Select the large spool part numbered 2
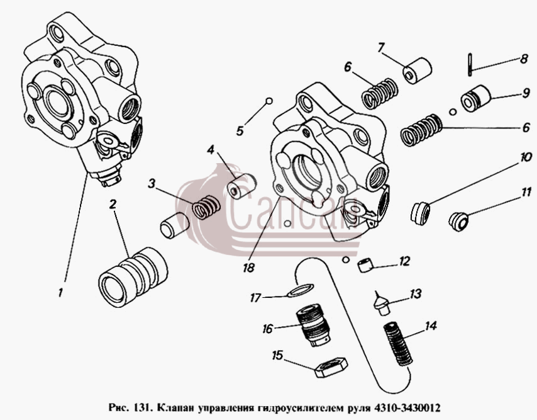[x=133, y=277]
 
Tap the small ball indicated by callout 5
[x=269, y=101]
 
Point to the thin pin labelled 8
[x=469, y=64]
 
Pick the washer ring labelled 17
[x=301, y=290]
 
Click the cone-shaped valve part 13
[x=382, y=303]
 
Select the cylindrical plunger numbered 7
[x=417, y=71]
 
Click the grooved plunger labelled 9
[x=476, y=98]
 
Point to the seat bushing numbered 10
[x=420, y=213]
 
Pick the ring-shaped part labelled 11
[x=458, y=221]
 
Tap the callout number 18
[x=248, y=268]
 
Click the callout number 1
[x=60, y=293]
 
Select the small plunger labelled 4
[x=242, y=186]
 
